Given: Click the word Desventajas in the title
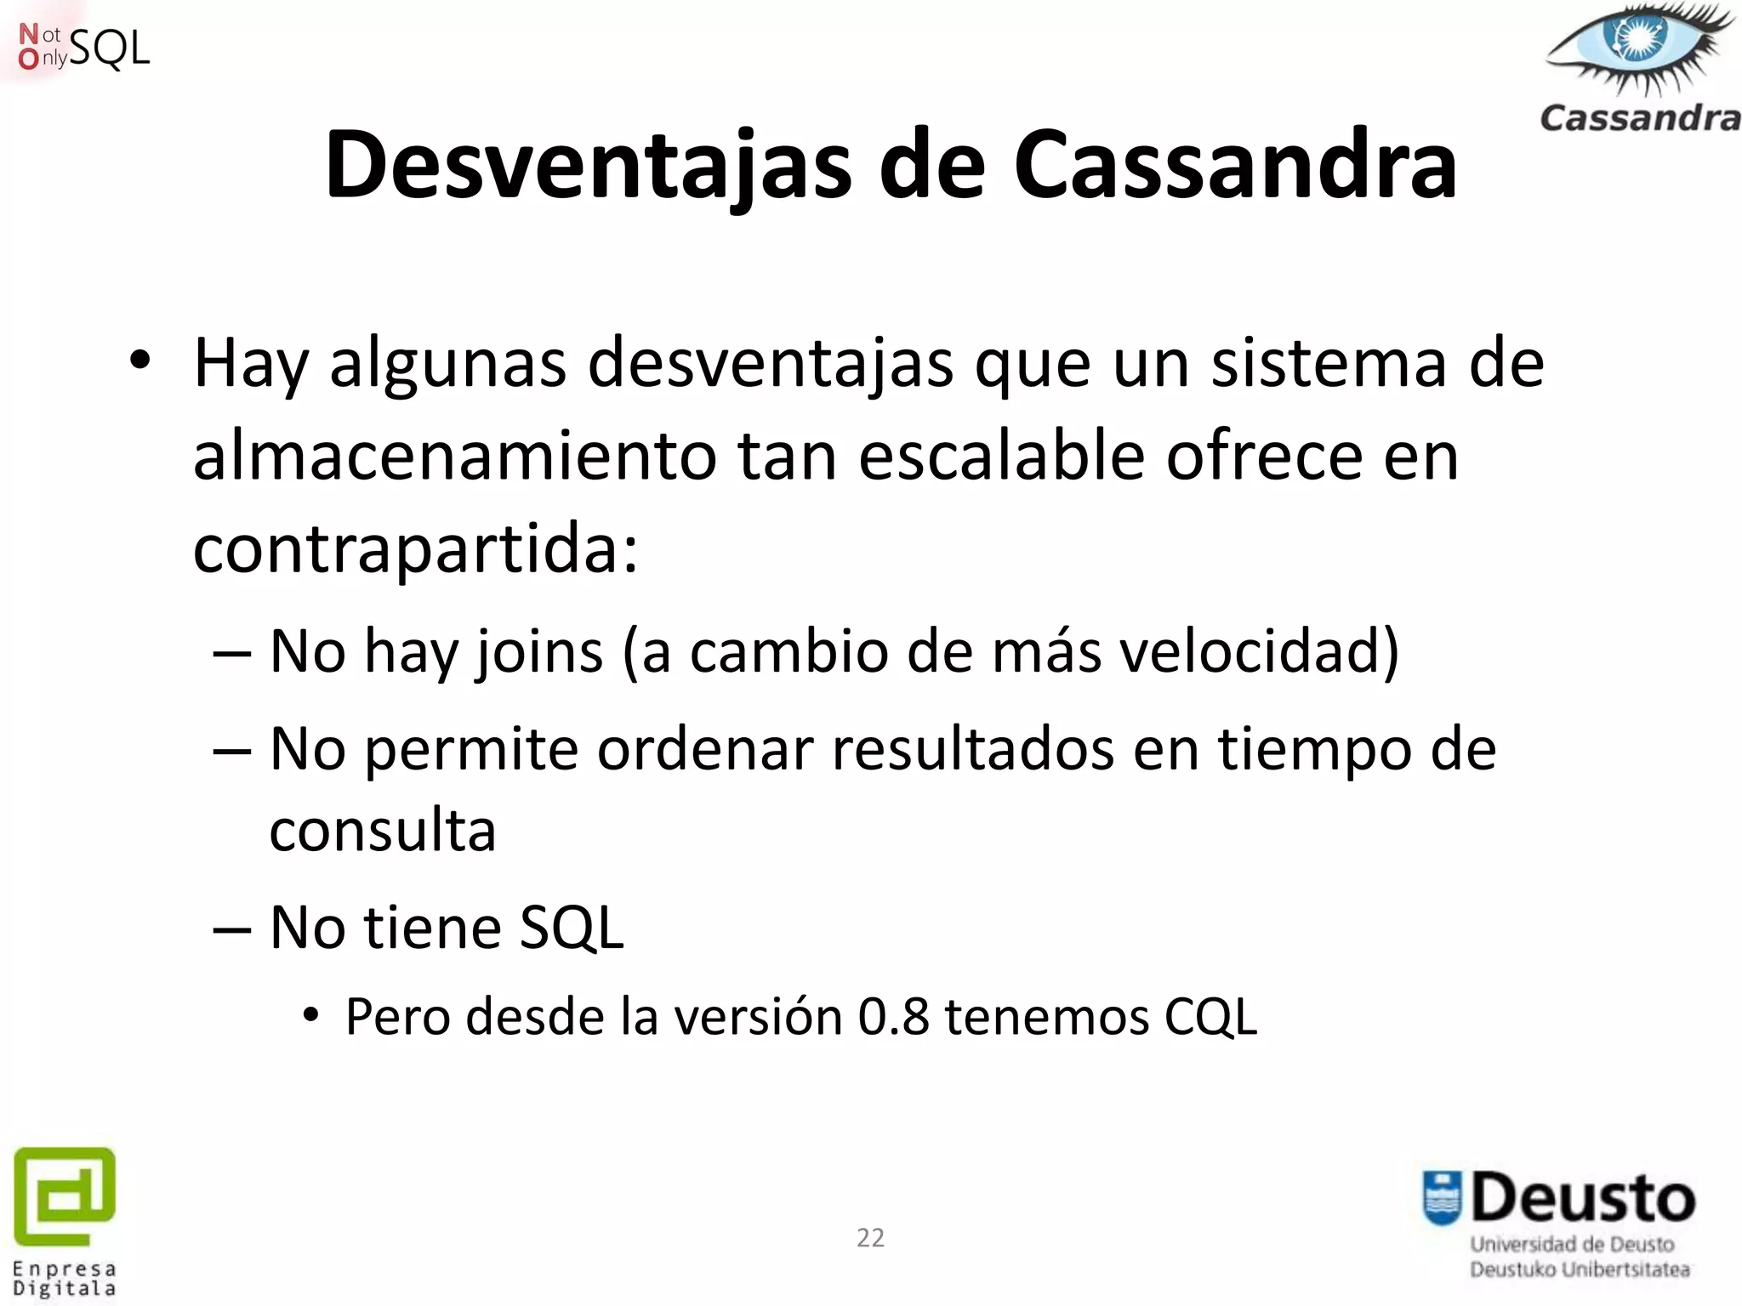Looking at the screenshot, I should [x=588, y=166].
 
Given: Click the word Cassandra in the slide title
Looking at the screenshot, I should [x=1235, y=166].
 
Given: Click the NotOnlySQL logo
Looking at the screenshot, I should [x=83, y=48].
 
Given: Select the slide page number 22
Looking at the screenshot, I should [x=870, y=1238].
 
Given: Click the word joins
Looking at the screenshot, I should [x=538, y=652].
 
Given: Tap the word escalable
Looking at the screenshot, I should [x=1001, y=457].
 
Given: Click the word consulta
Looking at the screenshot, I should [x=383, y=832].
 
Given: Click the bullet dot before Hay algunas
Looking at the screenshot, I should [x=140, y=362].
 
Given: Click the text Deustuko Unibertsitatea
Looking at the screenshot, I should [x=1580, y=1269].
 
